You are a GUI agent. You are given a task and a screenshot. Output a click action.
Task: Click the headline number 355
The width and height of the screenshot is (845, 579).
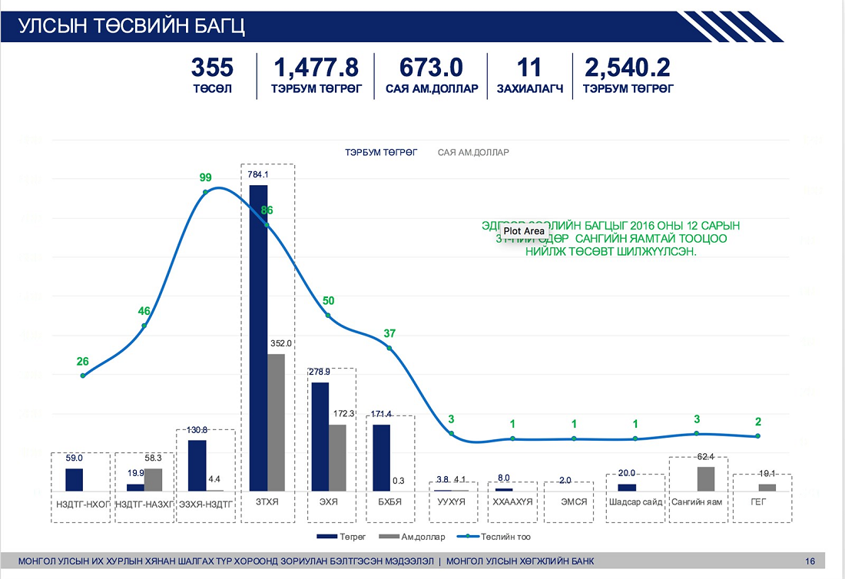(x=212, y=68)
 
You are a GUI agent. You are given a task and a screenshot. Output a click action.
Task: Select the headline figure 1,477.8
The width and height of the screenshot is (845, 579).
(x=315, y=68)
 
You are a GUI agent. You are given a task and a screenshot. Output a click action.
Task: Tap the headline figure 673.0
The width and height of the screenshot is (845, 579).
(x=432, y=68)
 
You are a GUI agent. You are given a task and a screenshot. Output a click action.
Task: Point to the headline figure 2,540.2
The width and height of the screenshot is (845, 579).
(x=628, y=68)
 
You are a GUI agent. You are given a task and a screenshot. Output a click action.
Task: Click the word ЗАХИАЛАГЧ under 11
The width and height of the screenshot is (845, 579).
(x=530, y=89)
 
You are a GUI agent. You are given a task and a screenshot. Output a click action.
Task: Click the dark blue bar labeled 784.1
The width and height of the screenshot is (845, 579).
(x=258, y=338)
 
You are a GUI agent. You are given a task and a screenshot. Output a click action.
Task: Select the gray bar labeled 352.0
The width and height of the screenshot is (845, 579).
(x=276, y=422)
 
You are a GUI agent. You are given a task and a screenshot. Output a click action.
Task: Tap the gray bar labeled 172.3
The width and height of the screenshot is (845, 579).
(x=337, y=458)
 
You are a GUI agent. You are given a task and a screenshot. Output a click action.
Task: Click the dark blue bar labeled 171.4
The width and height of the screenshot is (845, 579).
(x=381, y=458)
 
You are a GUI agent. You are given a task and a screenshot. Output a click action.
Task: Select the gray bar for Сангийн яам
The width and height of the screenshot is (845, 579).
(x=706, y=478)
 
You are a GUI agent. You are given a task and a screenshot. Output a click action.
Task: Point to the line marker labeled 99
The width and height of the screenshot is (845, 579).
(x=206, y=192)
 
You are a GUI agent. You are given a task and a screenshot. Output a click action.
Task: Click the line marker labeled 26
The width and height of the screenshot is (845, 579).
(x=83, y=376)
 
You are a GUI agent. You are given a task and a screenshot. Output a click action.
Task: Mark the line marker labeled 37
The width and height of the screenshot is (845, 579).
(x=389, y=348)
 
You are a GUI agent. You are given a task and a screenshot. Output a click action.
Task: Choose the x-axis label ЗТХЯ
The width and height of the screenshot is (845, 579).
(x=267, y=502)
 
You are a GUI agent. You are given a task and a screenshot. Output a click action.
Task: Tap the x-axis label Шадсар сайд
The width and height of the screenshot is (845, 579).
(x=635, y=502)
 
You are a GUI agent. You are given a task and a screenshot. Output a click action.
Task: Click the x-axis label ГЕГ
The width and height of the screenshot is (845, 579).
(x=758, y=502)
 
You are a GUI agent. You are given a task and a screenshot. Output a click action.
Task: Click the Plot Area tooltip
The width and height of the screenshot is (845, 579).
(x=524, y=231)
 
